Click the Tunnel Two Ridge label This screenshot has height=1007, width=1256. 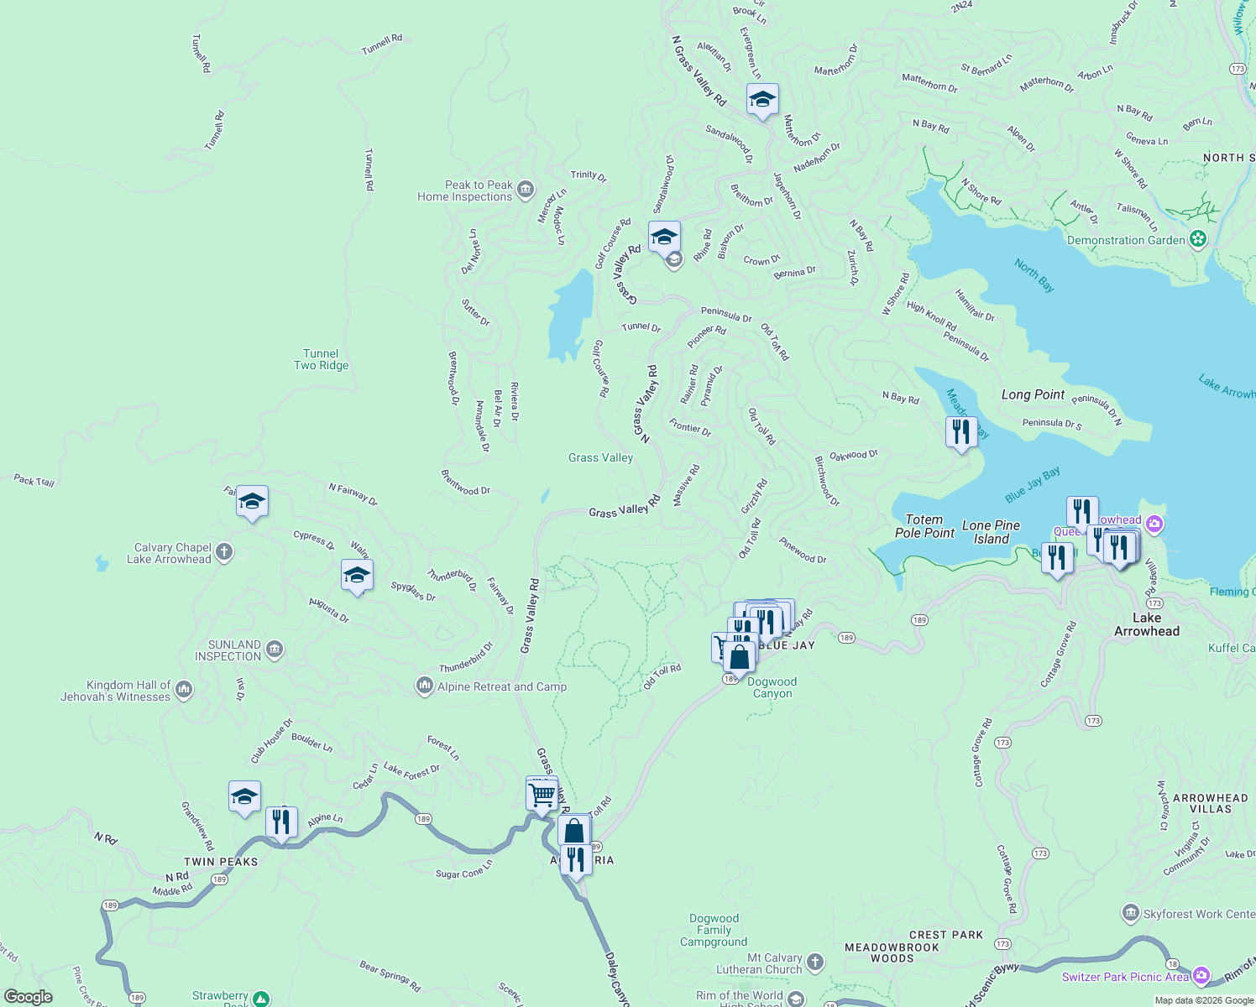coord(321,359)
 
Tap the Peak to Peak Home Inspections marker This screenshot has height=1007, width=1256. coord(526,190)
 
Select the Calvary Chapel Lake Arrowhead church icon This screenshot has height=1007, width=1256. coord(223,552)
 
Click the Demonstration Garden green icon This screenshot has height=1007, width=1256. coord(1198,240)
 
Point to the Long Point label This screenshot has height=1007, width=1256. coord(1033,394)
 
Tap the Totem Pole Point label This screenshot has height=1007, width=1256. coord(924,526)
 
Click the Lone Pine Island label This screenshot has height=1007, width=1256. coord(991,532)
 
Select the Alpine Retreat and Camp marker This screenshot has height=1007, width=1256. coord(425,686)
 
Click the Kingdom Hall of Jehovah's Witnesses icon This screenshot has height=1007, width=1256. coord(185,690)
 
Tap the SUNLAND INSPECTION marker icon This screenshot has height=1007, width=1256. coord(275,650)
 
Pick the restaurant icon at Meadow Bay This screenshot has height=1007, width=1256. coord(960,432)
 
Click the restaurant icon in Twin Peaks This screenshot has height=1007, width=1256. coord(281,822)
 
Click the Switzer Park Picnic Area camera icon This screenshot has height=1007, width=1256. coord(1201,976)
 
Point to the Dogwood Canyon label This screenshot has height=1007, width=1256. coord(772,687)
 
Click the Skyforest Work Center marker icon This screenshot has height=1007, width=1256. coord(1131,913)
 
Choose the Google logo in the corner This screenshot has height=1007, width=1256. coord(29,997)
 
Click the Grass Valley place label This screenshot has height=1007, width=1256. coord(600,457)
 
